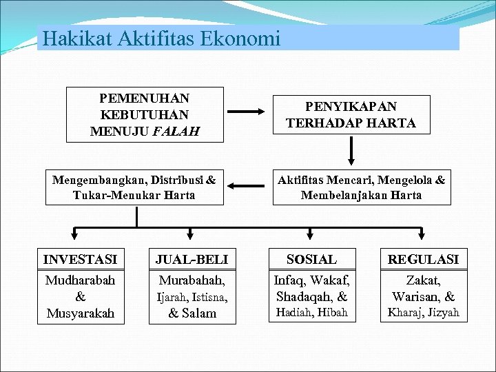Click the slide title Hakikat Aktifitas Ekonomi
(x=161, y=39)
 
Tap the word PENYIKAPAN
(x=351, y=107)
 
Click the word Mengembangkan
(x=95, y=180)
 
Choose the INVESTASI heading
(x=80, y=260)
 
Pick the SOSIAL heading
(x=312, y=260)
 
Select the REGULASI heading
(x=423, y=260)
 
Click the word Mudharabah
(x=80, y=281)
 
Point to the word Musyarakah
(x=80, y=314)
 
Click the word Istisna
(x=209, y=298)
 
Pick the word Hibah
(x=333, y=313)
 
